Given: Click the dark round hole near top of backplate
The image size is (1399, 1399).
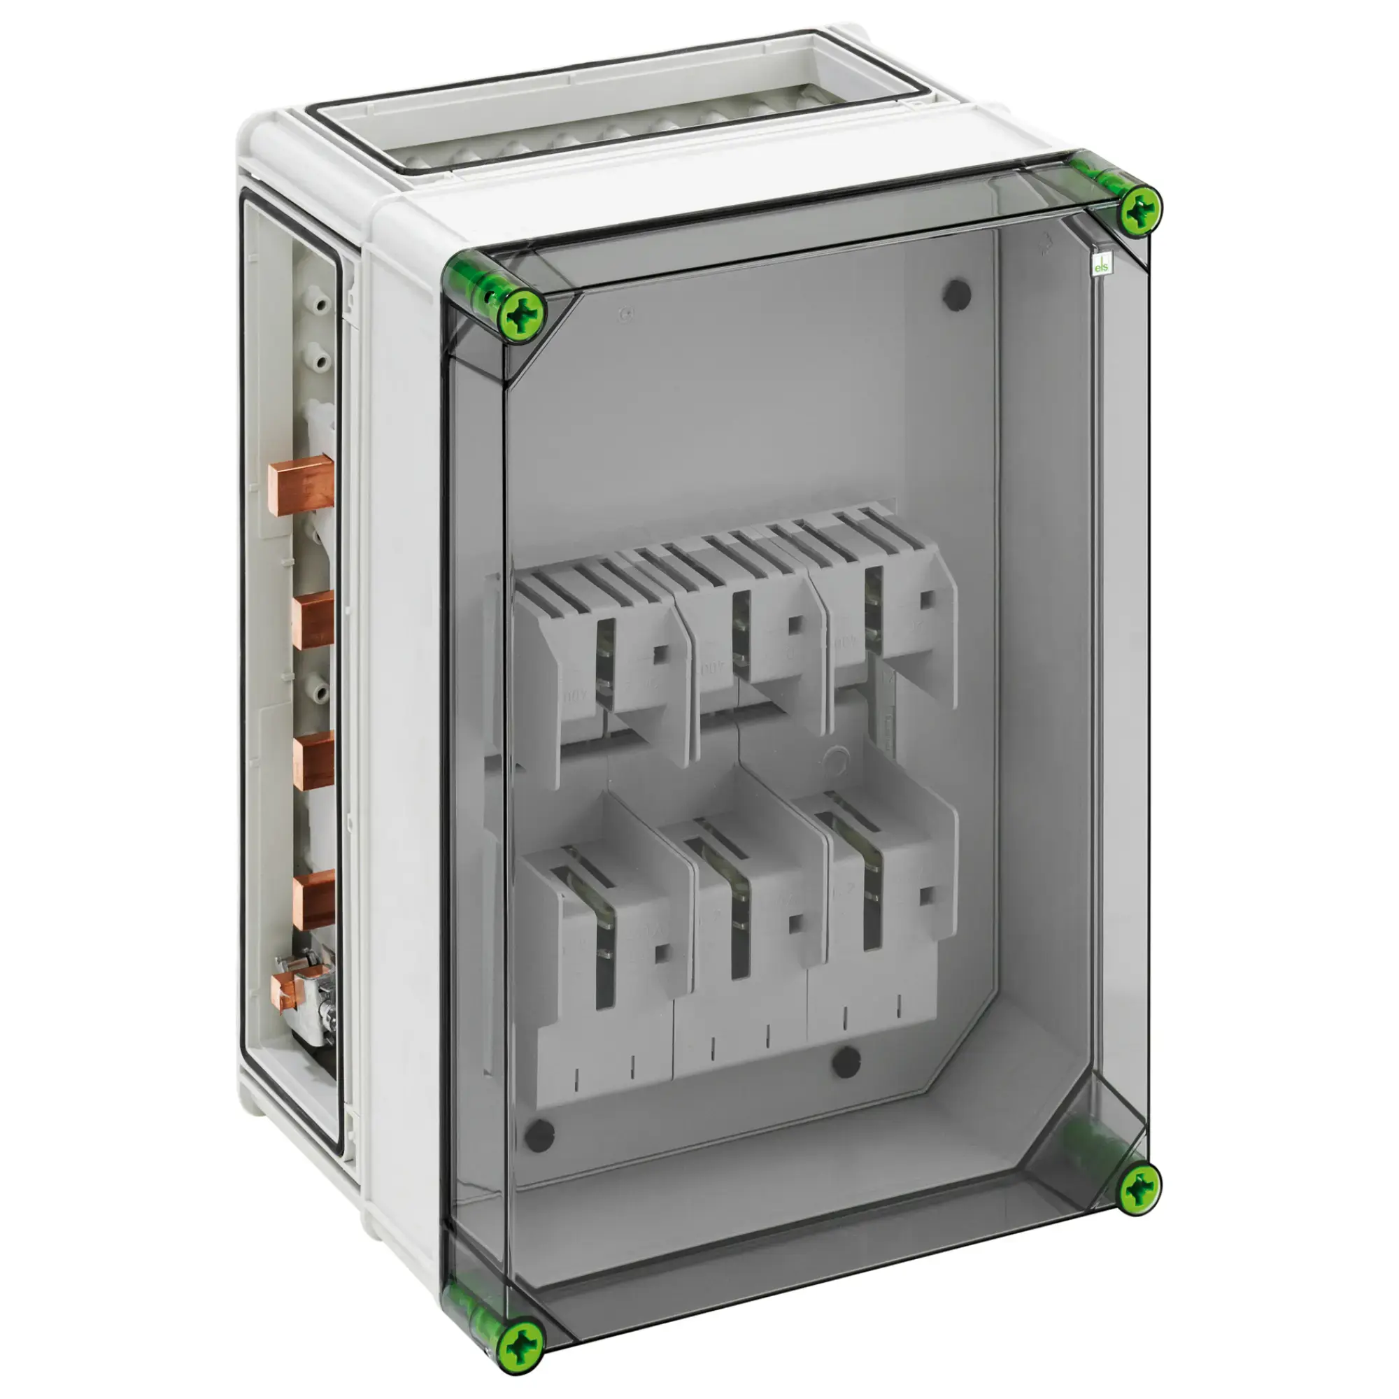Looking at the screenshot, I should (956, 293).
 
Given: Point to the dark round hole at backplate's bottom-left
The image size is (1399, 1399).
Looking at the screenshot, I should (539, 1136).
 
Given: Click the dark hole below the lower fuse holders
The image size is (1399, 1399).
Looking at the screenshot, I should (845, 1063).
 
